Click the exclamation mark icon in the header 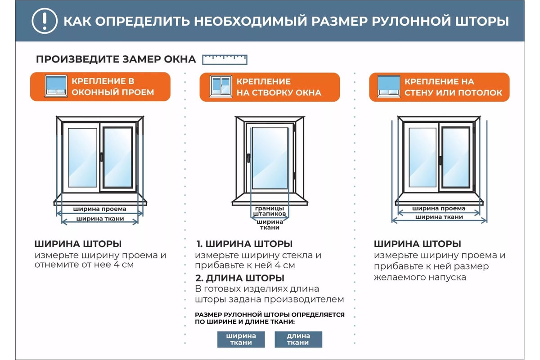coord(44,21)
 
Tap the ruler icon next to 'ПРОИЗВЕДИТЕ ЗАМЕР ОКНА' coord(225,59)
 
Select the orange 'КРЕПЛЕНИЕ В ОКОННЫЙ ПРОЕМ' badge coord(100,87)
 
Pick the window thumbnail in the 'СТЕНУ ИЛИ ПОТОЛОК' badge coord(389,87)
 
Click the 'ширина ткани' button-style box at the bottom coord(241,339)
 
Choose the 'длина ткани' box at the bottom coord(298,339)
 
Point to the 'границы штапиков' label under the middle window coord(270,211)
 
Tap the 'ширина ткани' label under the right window coord(439,217)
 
